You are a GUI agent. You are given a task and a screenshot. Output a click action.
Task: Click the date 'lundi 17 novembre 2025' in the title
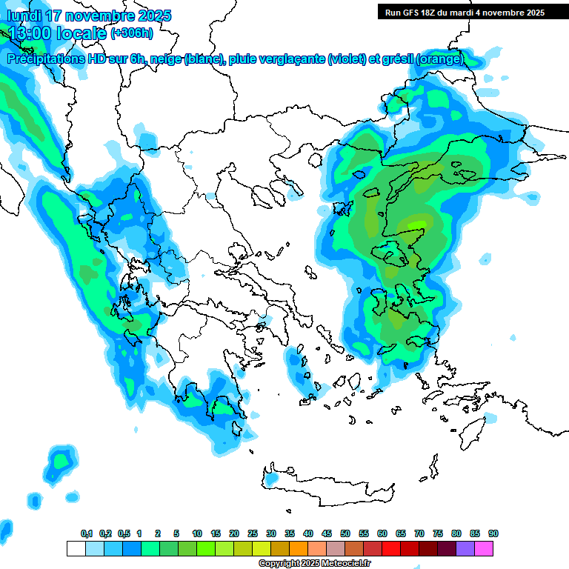point(89,15)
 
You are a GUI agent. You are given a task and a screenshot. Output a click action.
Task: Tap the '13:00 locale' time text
point(56,33)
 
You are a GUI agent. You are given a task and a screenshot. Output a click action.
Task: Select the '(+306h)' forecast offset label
point(132,33)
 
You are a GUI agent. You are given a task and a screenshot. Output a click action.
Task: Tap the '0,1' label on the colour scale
point(87,533)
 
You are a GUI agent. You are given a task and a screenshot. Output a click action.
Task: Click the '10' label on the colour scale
point(197,533)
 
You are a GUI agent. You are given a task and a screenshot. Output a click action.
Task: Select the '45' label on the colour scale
point(327,533)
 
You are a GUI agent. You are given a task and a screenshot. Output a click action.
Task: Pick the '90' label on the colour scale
point(493,533)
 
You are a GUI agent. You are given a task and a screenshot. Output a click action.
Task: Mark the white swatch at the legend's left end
point(76,548)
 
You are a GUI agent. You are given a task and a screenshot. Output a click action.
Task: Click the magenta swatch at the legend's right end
point(484,548)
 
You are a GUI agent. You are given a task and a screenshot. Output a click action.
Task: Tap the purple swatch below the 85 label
point(465,548)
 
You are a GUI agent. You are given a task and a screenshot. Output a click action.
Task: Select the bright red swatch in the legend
point(391,548)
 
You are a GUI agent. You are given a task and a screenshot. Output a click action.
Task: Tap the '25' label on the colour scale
point(253,533)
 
